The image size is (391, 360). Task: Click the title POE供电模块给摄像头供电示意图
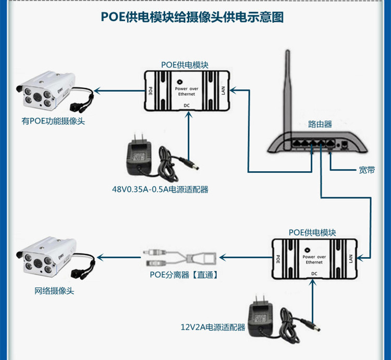click(x=193, y=17)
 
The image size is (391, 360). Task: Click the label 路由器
click(x=320, y=124)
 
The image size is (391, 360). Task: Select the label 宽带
click(x=367, y=170)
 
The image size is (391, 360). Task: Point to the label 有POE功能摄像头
click(x=53, y=122)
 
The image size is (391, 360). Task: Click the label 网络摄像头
click(x=54, y=291)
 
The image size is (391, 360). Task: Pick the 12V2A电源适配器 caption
click(x=213, y=327)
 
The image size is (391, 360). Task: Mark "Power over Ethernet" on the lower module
click(x=314, y=259)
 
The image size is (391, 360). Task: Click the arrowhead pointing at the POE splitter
click(x=222, y=257)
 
